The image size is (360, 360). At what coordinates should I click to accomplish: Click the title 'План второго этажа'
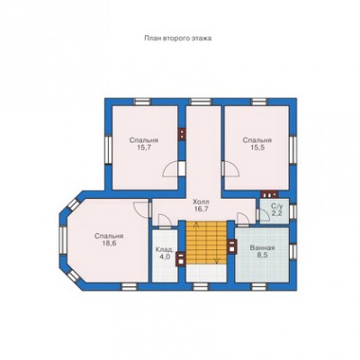(178, 39)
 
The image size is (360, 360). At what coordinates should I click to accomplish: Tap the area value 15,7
(144, 148)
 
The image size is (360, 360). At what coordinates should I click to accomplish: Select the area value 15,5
(257, 148)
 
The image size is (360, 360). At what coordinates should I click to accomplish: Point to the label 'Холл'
(201, 202)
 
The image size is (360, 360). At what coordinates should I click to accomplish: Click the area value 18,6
(109, 243)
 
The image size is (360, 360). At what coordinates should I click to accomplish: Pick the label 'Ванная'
(262, 248)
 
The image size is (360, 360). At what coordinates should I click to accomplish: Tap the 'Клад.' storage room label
(164, 249)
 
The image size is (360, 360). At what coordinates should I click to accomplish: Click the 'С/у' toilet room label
(277, 206)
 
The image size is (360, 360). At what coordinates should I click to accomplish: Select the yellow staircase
(206, 243)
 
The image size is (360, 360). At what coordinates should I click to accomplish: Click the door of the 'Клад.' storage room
(164, 221)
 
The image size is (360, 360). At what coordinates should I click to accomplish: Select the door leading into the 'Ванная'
(242, 219)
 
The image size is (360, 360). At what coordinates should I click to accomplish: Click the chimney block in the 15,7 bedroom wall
(182, 134)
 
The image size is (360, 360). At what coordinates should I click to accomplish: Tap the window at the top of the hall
(200, 102)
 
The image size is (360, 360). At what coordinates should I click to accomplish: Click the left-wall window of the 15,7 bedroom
(108, 149)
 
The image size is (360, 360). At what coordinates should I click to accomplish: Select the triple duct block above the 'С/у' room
(269, 194)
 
